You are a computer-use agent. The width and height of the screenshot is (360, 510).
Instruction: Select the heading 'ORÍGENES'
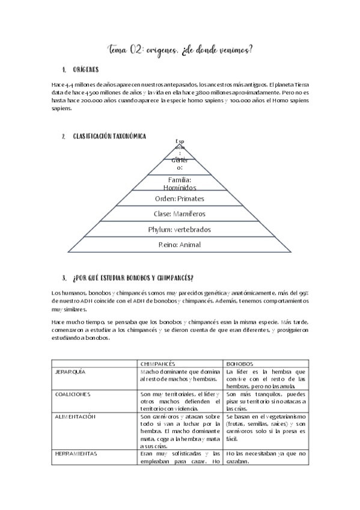tap(90, 70)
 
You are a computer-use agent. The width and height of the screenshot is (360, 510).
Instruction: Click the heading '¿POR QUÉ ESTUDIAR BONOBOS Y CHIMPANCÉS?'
tap(133, 278)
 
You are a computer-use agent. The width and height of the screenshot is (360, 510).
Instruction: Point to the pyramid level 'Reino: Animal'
tap(180, 245)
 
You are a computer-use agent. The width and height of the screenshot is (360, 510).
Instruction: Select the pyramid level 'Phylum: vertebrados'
tap(180, 229)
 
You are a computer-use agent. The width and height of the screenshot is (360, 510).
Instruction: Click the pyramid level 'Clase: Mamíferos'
tap(180, 214)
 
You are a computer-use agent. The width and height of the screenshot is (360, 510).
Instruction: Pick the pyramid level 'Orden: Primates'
tap(180, 198)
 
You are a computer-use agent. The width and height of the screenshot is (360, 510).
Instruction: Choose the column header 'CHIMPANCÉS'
tap(157, 364)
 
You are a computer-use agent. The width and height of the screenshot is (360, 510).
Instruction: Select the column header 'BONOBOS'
tap(240, 364)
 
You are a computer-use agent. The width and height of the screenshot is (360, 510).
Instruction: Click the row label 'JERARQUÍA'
tap(70, 372)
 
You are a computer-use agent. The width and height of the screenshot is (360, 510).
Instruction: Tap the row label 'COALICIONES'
tap(72, 394)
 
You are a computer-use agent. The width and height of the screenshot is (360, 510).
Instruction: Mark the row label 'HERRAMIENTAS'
tap(75, 453)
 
